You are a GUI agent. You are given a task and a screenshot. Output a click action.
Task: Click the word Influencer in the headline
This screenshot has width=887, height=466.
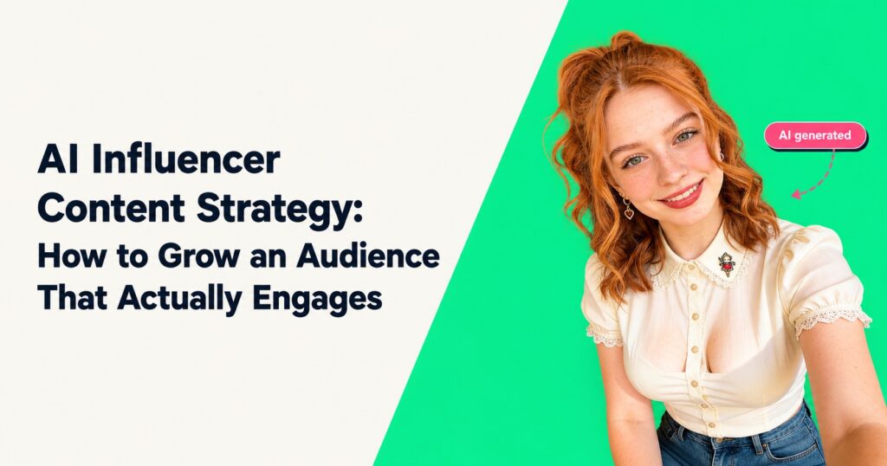[x=186, y=160]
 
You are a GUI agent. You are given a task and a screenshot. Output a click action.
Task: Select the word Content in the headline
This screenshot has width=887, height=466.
[x=111, y=208]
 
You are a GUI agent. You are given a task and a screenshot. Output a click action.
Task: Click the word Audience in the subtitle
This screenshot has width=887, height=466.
[x=367, y=256]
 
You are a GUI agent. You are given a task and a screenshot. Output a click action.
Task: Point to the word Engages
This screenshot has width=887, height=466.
[x=317, y=300]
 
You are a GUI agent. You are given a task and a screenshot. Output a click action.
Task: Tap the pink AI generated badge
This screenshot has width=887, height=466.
[x=815, y=136]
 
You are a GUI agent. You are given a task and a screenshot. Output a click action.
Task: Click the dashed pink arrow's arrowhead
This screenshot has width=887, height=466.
[x=796, y=194]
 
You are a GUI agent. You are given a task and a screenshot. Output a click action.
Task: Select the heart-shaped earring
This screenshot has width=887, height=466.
[x=629, y=213]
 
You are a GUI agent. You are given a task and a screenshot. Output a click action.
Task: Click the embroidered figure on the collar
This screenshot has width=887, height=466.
[x=727, y=264]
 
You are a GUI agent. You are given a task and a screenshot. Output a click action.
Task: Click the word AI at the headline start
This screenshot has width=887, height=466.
[x=60, y=160]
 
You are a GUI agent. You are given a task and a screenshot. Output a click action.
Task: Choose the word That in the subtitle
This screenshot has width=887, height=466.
[x=73, y=298]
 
